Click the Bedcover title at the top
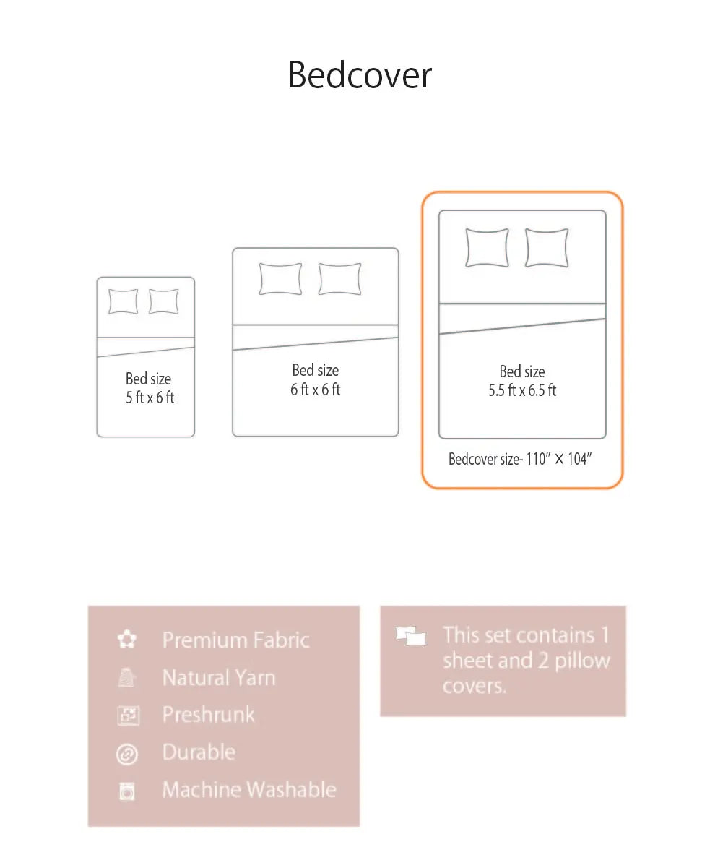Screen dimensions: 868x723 click(x=360, y=75)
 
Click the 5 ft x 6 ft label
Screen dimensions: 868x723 click(x=150, y=398)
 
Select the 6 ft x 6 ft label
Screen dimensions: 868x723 click(x=316, y=390)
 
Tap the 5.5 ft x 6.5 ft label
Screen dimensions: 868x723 click(x=522, y=390)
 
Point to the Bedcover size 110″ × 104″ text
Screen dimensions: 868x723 click(x=519, y=459)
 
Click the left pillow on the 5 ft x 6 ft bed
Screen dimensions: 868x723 click(x=123, y=301)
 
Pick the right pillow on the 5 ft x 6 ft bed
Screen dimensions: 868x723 click(x=164, y=301)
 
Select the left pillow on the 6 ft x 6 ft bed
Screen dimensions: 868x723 click(x=280, y=279)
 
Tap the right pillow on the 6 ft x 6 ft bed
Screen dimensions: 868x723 click(x=339, y=279)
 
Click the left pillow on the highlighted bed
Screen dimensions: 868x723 click(x=487, y=248)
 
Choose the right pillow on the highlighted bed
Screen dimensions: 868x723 click(x=547, y=248)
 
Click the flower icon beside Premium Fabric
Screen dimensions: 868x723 click(x=127, y=640)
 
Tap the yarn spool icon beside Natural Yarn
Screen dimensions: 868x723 click(x=127, y=678)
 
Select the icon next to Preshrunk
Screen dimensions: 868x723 click(x=127, y=716)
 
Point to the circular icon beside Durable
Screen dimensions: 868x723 click(x=127, y=754)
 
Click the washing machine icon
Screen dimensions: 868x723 click(x=127, y=791)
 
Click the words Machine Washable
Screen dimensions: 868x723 click(x=249, y=789)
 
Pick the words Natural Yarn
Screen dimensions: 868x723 click(x=219, y=678)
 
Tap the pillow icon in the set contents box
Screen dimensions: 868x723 click(x=411, y=637)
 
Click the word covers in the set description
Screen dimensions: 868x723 click(x=475, y=686)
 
